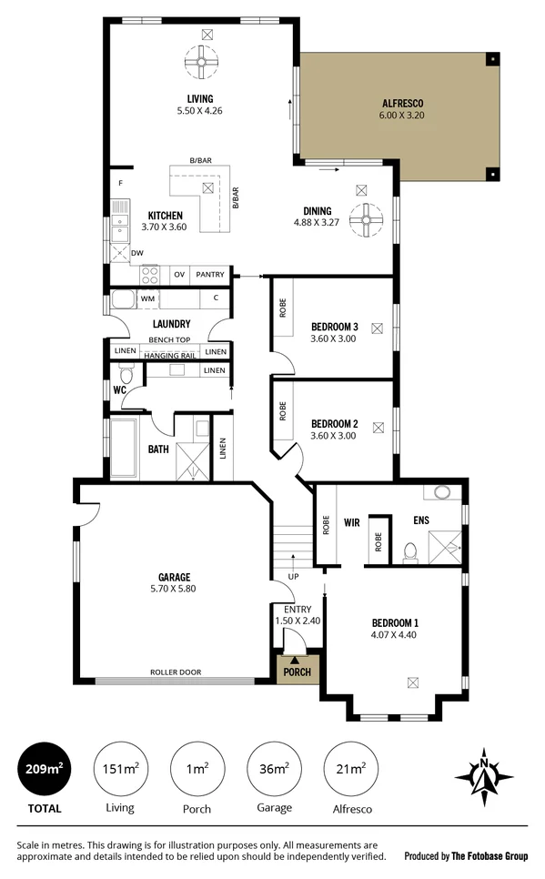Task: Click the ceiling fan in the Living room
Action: pos(201,63)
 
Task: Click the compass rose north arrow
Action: pos(484,775)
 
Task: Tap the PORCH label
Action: pos(296,672)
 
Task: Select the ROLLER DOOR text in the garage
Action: pos(176,672)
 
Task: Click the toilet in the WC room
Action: pos(126,374)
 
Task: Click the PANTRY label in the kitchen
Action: pos(210,274)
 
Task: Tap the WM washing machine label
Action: pos(147,298)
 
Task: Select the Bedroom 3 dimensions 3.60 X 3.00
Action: pos(333,338)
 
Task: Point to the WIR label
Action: pos(353,524)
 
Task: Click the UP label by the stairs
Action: pos(293,577)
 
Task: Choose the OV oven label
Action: pos(179,274)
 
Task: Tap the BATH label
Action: pos(158,449)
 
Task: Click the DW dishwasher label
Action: pos(136,253)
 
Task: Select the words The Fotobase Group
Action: pos(490,855)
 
